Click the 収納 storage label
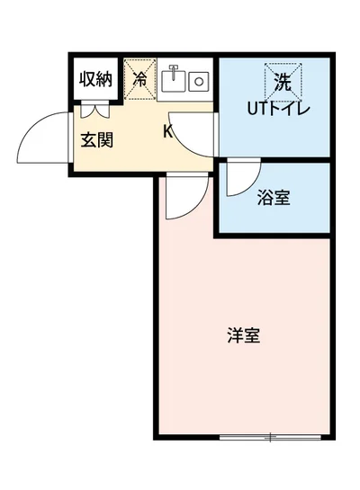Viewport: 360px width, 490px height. (x=94, y=78)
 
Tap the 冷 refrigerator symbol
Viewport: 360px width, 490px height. (x=139, y=77)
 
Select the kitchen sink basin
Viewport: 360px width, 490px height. (x=176, y=82)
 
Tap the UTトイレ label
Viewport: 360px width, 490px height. (x=280, y=110)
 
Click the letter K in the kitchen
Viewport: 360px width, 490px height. (x=167, y=132)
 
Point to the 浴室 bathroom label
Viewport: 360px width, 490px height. (x=274, y=198)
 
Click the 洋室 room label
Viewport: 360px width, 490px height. (x=243, y=336)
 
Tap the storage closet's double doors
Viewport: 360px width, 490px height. (x=94, y=111)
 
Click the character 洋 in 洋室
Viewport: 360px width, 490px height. (x=235, y=336)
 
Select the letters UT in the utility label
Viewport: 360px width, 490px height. (x=258, y=110)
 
